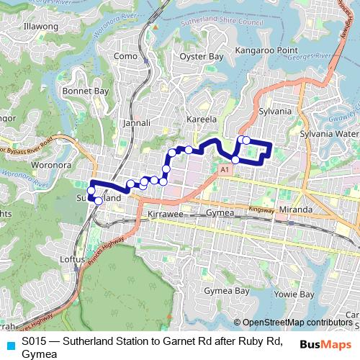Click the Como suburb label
(x=125, y=56)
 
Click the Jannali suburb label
(x=137, y=123)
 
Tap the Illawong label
(x=40, y=26)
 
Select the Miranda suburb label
(x=296, y=210)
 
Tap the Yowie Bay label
(x=296, y=294)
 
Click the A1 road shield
(x=225, y=168)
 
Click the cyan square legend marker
(x=10, y=346)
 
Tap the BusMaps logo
(x=328, y=345)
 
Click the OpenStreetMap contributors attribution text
(x=297, y=323)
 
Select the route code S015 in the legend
(x=35, y=341)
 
